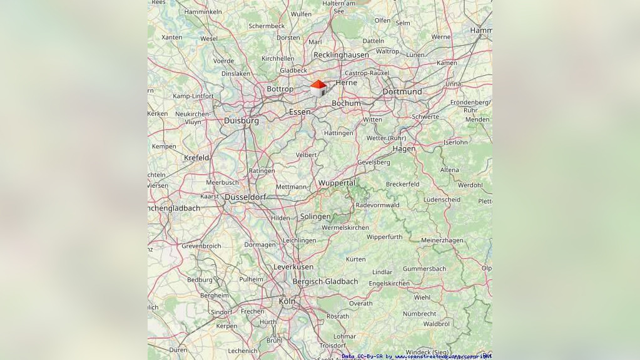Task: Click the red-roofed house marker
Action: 318,88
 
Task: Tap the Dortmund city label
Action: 402,91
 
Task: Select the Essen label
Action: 300,111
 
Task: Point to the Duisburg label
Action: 241,120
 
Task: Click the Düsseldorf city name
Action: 245,197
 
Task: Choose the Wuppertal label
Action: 337,183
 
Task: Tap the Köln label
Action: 287,301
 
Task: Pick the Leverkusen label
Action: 293,267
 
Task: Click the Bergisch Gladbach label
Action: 325,282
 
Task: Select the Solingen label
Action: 315,217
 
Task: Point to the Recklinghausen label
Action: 341,55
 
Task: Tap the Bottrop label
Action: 280,89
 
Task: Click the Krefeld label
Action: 196,158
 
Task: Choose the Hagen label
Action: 404,149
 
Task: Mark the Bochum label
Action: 346,103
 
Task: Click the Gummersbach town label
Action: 424,269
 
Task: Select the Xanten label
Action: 171,38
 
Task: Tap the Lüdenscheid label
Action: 442,200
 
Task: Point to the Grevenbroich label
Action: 201,246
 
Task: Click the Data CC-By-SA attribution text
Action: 417,356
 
